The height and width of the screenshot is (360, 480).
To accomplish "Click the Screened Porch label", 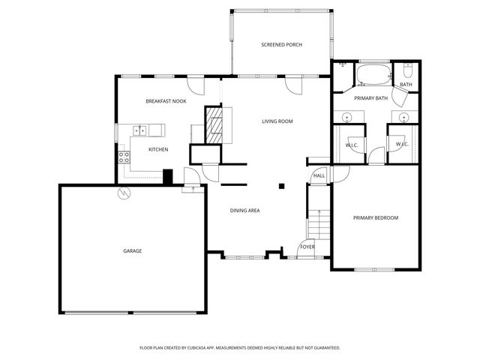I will (281, 45).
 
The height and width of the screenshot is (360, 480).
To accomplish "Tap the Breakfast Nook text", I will (166, 100).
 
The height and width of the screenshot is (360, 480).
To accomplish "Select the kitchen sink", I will (139, 130).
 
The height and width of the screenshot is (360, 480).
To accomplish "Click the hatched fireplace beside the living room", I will (215, 124).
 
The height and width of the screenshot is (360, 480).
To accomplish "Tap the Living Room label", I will (277, 121).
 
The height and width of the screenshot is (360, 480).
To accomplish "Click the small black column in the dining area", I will (282, 185).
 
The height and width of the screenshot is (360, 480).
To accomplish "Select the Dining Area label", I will (244, 211).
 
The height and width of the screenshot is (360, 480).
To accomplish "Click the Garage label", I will (132, 250).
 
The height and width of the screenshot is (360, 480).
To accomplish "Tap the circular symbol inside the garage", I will (123, 193).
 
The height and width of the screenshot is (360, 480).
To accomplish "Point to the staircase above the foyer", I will (319, 223).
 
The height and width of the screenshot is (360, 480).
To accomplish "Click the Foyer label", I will (307, 247).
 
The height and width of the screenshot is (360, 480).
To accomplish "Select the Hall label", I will (319, 175).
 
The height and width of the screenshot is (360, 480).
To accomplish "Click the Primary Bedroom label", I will (375, 217).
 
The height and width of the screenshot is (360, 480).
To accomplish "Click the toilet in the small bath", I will (407, 71).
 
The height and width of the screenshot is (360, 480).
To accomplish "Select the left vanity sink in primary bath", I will (347, 117).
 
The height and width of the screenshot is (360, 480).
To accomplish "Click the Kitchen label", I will (157, 149).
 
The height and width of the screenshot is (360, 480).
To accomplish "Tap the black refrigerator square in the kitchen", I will (169, 177).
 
